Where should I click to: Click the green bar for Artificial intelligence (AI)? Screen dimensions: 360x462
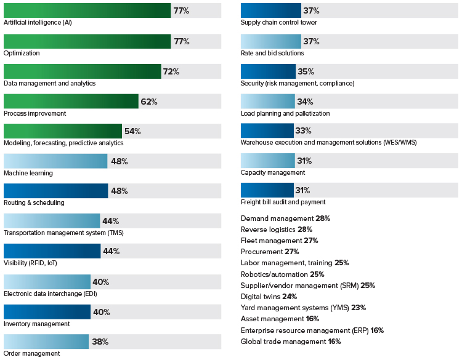(87, 10)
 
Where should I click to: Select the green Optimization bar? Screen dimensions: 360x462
(87, 41)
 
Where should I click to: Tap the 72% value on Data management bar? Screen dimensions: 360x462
(171, 71)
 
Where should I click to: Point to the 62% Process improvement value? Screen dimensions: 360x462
(148, 102)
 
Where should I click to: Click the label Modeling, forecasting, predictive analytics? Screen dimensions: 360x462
(63, 143)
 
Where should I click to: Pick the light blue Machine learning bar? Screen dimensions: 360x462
(55, 161)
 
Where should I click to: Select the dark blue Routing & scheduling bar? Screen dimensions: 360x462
(55, 191)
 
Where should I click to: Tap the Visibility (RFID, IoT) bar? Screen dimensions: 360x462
(52, 251)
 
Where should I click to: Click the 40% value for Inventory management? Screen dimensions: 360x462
(100, 311)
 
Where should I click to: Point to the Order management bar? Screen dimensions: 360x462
(46, 342)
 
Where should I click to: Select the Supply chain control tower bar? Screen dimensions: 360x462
(270, 10)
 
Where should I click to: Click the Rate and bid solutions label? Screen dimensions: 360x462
(272, 53)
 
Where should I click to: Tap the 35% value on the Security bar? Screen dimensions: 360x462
(306, 71)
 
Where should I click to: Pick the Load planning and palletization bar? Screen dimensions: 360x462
(268, 101)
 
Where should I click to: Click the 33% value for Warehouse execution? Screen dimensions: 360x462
(303, 131)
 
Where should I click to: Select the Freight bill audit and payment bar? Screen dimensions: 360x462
(267, 190)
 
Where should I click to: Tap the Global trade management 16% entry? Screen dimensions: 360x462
(290, 341)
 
